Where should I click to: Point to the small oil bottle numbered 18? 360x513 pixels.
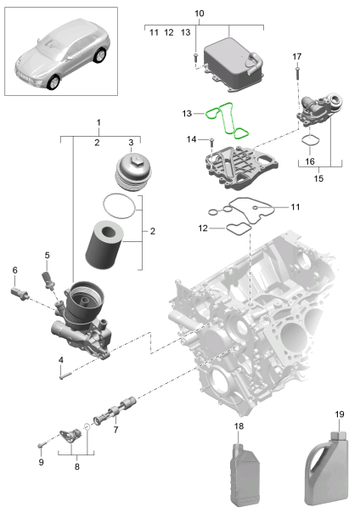point(245,469)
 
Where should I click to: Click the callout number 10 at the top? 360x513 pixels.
point(200,14)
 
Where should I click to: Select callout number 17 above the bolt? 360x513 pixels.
point(297,56)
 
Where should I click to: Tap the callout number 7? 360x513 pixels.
point(115,431)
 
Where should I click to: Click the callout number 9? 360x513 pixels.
point(40,462)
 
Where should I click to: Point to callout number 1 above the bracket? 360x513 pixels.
point(98,123)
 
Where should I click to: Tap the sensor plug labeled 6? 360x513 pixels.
point(20,293)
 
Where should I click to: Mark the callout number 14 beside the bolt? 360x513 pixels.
point(192,138)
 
